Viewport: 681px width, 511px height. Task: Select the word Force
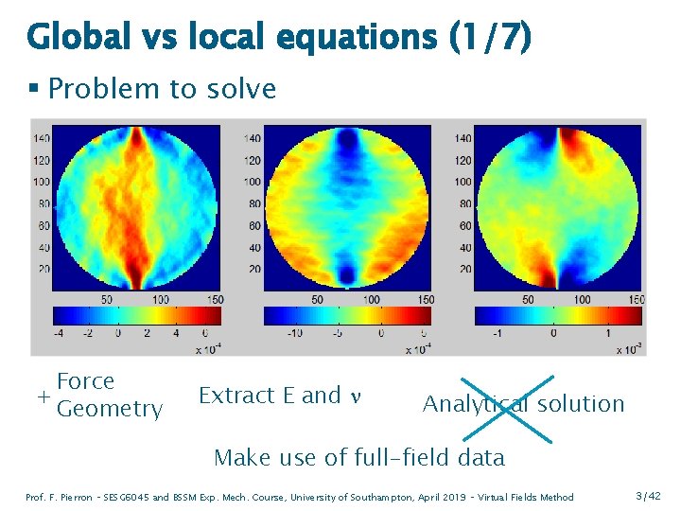pos(85,381)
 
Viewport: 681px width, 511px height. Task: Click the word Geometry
pos(110,409)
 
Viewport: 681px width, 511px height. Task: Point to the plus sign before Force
pos(44,396)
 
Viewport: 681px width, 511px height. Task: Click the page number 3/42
pos(649,497)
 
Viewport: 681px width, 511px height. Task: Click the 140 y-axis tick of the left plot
pos(41,138)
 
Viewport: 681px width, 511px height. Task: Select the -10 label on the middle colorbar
pos(294,333)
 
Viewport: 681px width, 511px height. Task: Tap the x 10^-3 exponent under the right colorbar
pos(625,348)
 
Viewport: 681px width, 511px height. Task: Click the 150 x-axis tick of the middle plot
pos(426,300)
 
